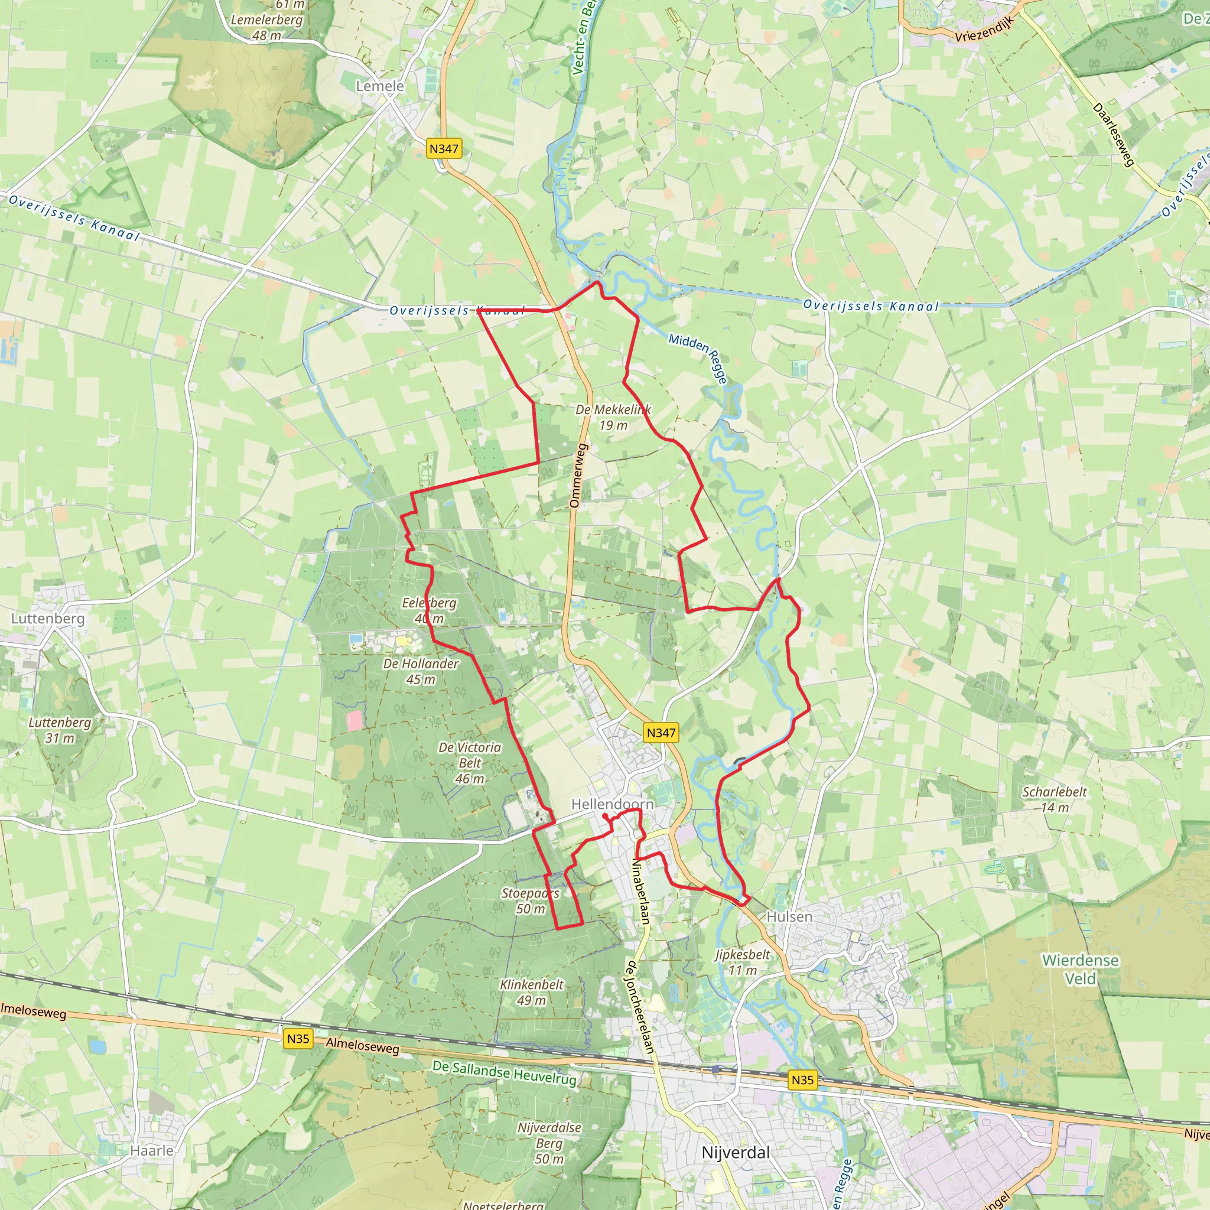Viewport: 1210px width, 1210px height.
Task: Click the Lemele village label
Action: pyautogui.click(x=379, y=86)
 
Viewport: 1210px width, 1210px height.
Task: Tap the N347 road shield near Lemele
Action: pyautogui.click(x=444, y=148)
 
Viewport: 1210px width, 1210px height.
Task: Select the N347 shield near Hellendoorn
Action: pyautogui.click(x=661, y=732)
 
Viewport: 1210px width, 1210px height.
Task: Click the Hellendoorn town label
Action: pyautogui.click(x=612, y=804)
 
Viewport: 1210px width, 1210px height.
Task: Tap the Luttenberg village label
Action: pyautogui.click(x=48, y=618)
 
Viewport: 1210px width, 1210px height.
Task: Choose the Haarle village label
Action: pyautogui.click(x=152, y=1150)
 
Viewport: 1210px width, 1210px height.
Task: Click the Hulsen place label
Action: pyautogui.click(x=789, y=916)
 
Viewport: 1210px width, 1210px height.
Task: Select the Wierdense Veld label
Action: pyautogui.click(x=1080, y=969)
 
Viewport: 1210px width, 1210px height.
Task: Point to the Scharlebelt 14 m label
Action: pyautogui.click(x=1055, y=799)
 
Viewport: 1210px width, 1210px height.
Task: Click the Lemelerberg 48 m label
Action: pyautogui.click(x=267, y=28)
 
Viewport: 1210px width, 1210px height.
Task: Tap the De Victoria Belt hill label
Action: pyautogui.click(x=470, y=763)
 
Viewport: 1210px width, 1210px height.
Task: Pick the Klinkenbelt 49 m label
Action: pyautogui.click(x=531, y=992)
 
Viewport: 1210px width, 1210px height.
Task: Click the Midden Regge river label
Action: pyautogui.click(x=698, y=357)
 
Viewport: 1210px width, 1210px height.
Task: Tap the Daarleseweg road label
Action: pyautogui.click(x=1114, y=135)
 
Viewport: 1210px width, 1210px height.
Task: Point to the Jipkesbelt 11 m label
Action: pyautogui.click(x=742, y=962)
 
